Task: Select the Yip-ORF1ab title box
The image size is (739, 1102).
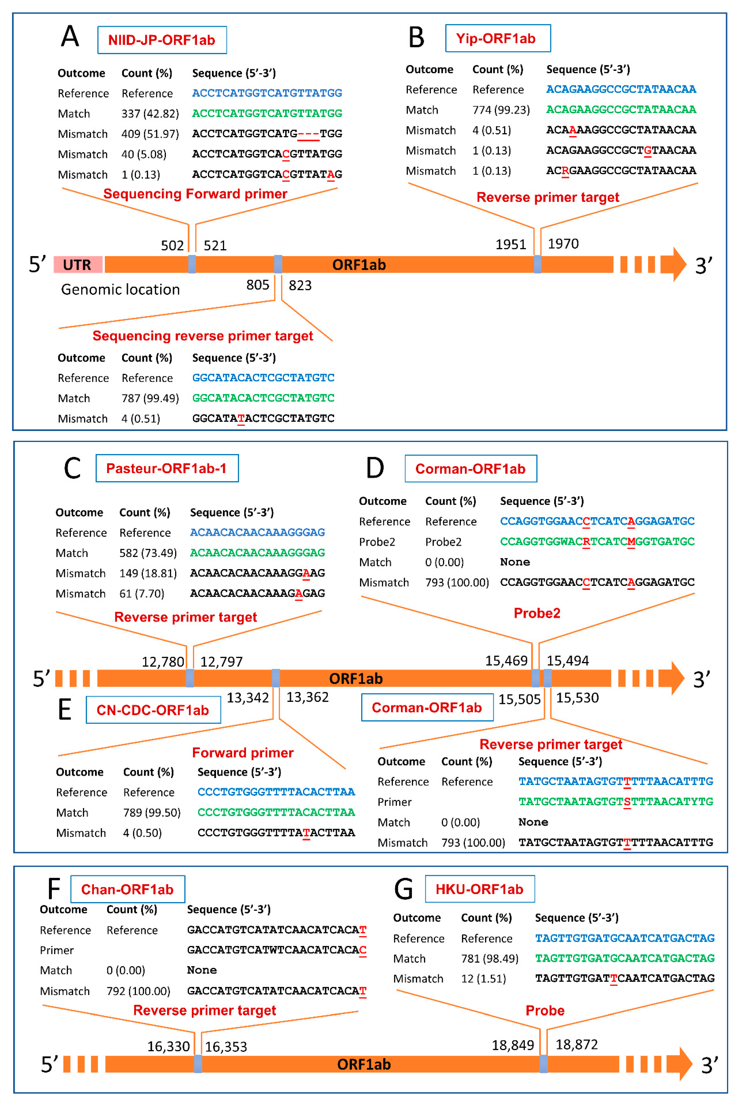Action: tap(498, 38)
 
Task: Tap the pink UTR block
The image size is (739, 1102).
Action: tap(78, 265)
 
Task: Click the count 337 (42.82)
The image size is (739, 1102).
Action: tap(150, 114)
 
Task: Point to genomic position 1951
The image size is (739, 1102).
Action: tap(510, 244)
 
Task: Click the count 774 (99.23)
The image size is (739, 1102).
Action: tap(501, 110)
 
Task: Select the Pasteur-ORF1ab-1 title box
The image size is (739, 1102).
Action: tap(167, 468)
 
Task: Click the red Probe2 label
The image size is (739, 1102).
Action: tap(537, 613)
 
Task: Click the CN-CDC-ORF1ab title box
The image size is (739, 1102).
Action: tap(153, 710)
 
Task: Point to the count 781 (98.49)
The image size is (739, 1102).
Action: tap(489, 959)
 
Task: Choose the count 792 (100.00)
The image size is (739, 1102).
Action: tap(138, 991)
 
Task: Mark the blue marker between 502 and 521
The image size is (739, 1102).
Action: tap(192, 264)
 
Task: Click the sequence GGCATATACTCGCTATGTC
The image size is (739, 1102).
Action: tap(263, 418)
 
